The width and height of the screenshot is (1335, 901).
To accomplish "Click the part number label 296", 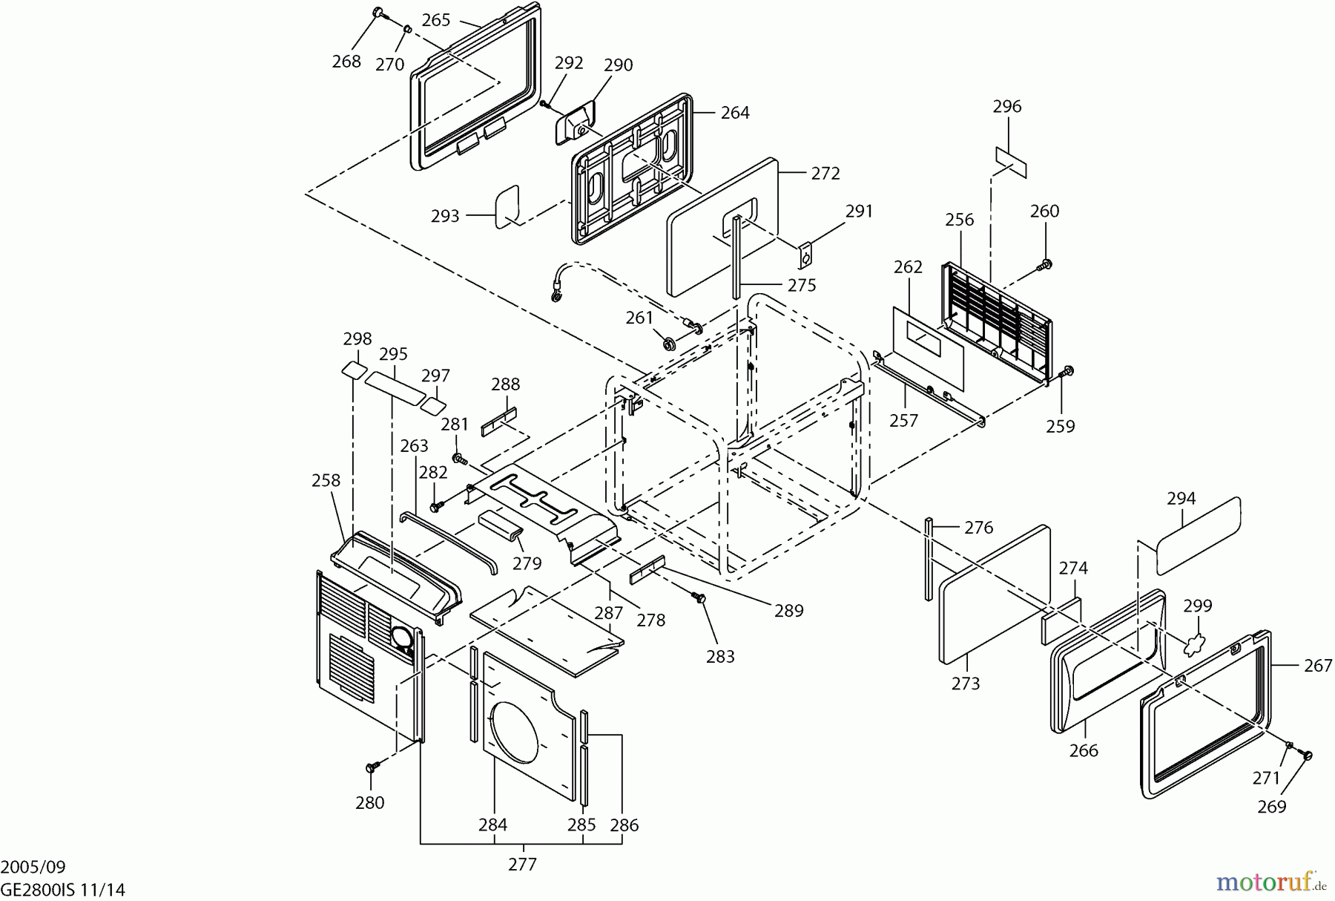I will (1007, 107).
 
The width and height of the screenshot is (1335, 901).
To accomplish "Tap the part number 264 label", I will (735, 113).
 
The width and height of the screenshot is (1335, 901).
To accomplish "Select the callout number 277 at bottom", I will (523, 864).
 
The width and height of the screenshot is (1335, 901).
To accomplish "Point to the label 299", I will (1197, 606).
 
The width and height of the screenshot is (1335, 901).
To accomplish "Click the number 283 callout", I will (720, 656).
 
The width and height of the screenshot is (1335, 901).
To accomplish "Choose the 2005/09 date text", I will (33, 867).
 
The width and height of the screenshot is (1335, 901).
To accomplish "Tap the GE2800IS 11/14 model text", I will (62, 889).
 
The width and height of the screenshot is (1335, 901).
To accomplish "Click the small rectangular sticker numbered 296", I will (1012, 162).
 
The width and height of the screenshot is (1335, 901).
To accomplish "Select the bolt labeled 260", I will (1046, 263).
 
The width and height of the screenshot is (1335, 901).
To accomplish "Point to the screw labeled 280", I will (372, 766).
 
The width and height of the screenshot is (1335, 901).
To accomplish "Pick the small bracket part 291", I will (806, 257).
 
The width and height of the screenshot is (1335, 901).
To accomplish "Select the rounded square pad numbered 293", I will (508, 206).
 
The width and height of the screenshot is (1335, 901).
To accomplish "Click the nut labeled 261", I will (668, 343).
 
